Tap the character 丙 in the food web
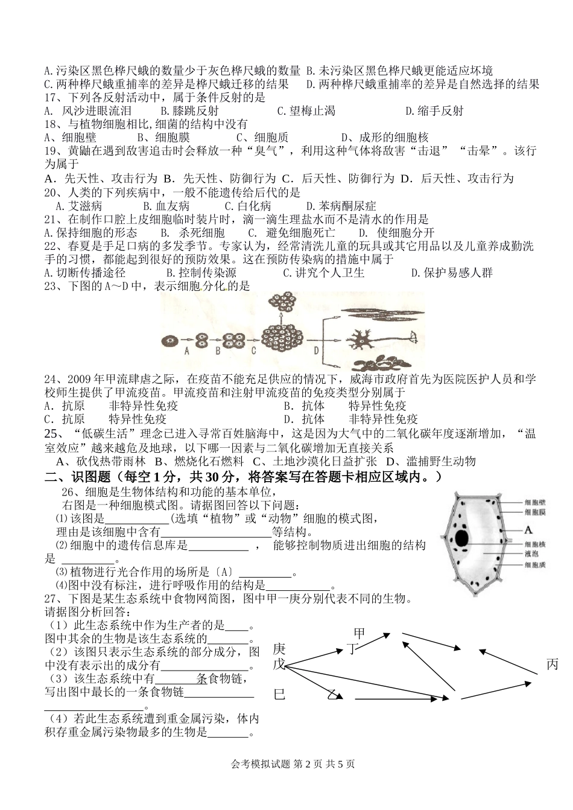coord(552,665)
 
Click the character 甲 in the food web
coord(359,633)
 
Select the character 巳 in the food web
coord(279,694)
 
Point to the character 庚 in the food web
coord(279,649)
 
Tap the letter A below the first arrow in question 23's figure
coord(187,350)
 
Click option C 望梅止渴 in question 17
coord(306,110)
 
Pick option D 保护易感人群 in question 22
coord(452,272)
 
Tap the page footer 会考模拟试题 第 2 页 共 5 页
coord(293,764)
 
